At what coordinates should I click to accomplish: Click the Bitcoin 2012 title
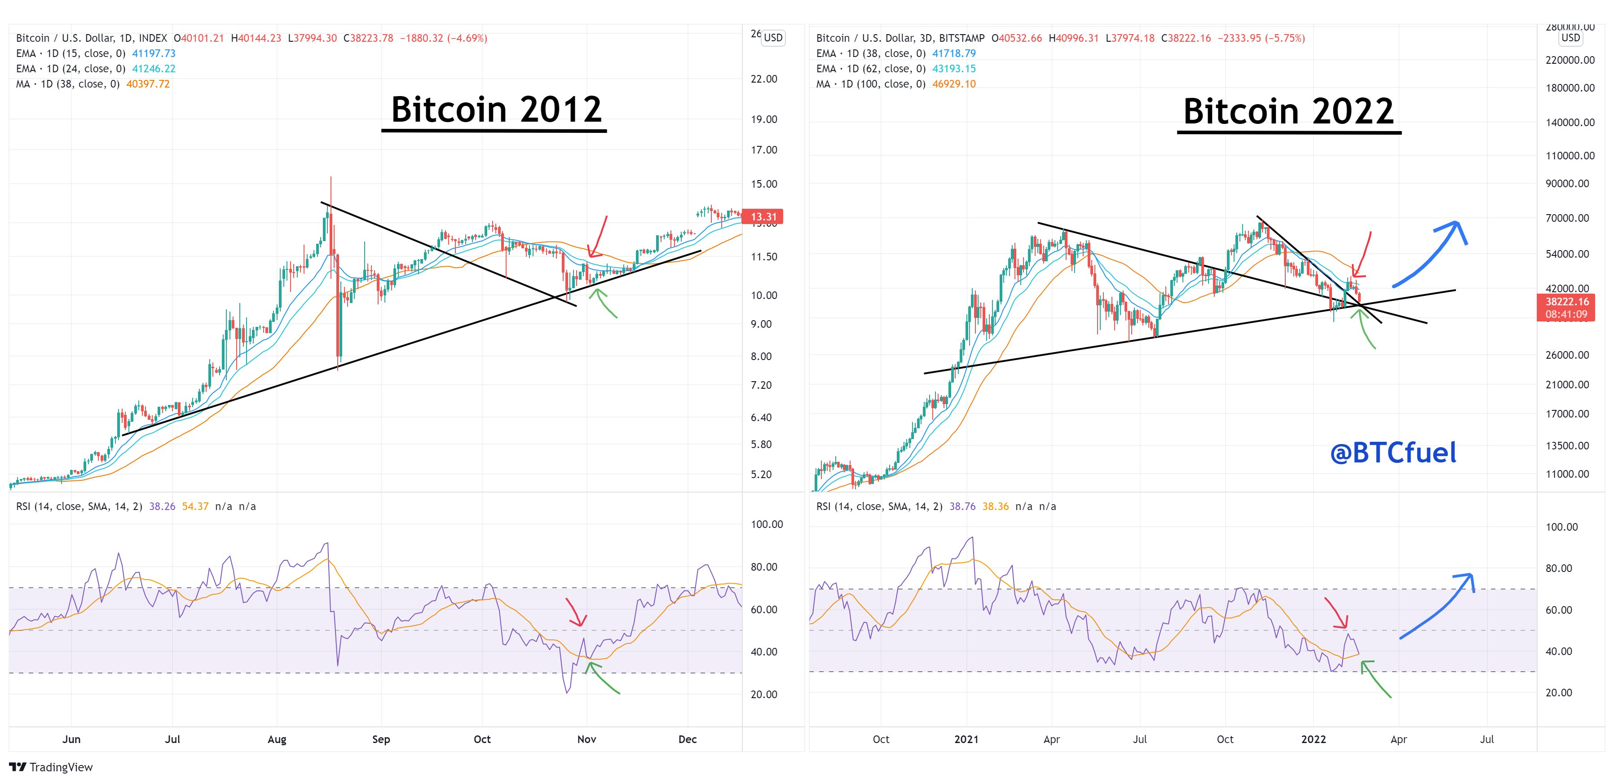pyautogui.click(x=496, y=110)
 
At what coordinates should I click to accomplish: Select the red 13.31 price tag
pyautogui.click(x=763, y=217)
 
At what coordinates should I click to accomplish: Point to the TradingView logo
pyautogui.click(x=51, y=767)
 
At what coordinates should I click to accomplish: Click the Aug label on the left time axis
pyautogui.click(x=277, y=739)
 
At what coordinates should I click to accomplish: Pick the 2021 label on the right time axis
pyautogui.click(x=966, y=739)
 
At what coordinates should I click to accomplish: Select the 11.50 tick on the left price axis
pyautogui.click(x=764, y=257)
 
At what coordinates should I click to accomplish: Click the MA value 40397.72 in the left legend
pyautogui.click(x=148, y=84)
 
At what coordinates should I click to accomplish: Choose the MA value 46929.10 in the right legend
pyautogui.click(x=953, y=84)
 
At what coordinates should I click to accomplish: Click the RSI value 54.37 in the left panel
pyautogui.click(x=195, y=506)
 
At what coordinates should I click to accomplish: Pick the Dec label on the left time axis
pyautogui.click(x=688, y=739)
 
